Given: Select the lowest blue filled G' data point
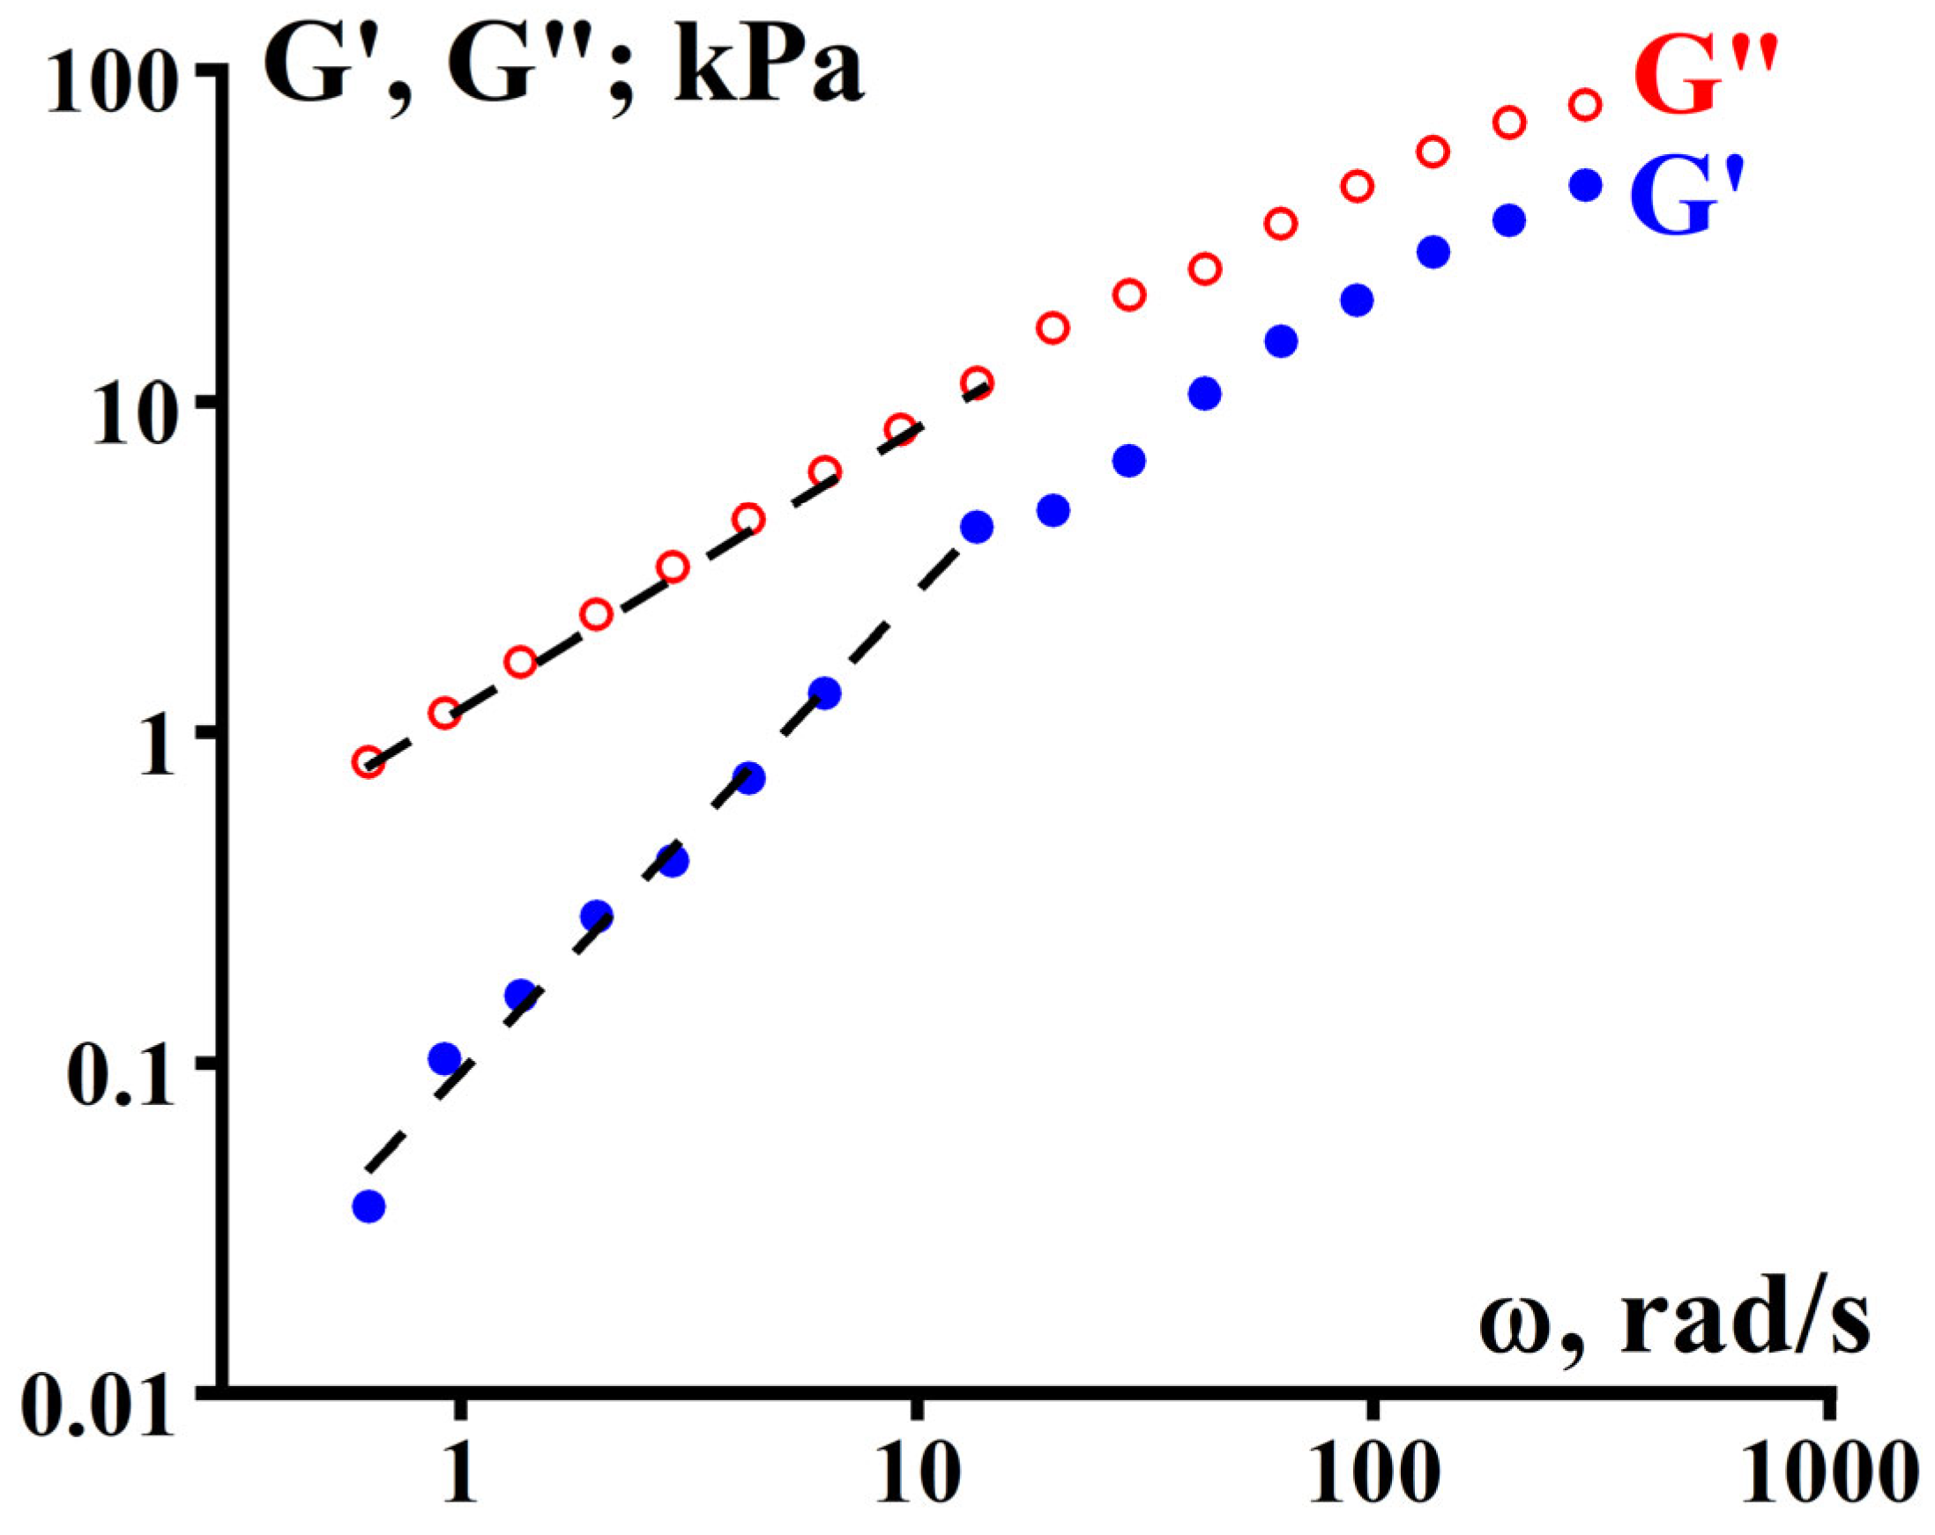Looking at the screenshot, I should [368, 1206].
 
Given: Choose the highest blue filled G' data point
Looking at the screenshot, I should [1586, 185].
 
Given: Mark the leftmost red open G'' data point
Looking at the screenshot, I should [368, 762].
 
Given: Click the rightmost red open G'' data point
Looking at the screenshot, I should [1586, 105].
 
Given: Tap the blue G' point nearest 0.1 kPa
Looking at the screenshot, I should [444, 1058].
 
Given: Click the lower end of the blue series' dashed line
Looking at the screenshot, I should [365, 1171].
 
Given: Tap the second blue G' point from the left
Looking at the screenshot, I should [444, 1058].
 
